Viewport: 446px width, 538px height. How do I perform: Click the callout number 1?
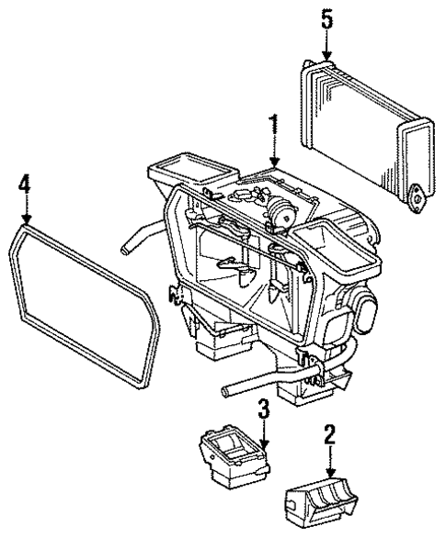tap(271, 123)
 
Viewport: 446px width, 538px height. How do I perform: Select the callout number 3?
tap(263, 408)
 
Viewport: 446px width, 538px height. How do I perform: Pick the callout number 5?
tap(327, 18)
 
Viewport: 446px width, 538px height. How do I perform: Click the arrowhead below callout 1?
tap(271, 168)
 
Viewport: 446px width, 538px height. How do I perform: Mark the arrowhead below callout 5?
tap(327, 60)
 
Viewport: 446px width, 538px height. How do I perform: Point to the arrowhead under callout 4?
tap(26, 223)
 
